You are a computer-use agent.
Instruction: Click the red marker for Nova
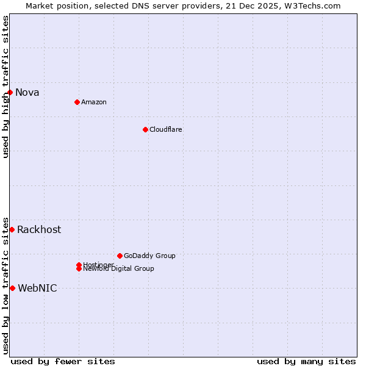(x=10, y=92)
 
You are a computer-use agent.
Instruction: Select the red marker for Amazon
(x=77, y=102)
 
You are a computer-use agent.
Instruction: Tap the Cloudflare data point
(x=145, y=129)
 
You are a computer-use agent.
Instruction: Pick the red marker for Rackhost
(x=12, y=229)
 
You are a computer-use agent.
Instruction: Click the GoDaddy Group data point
(x=120, y=256)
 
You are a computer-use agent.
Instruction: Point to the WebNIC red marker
(x=12, y=288)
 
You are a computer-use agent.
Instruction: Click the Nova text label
(x=27, y=93)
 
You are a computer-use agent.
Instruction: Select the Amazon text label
(x=94, y=102)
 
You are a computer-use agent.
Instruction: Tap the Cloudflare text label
(x=166, y=129)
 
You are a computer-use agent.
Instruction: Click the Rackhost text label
(x=39, y=230)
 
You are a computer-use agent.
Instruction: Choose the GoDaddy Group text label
(x=149, y=256)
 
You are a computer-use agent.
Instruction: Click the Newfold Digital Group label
(x=119, y=269)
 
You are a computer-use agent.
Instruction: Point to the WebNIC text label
(x=37, y=289)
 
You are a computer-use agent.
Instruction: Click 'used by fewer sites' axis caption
(x=63, y=361)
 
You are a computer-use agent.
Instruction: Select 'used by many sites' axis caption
(x=306, y=361)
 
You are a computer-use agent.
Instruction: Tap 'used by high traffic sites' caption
(x=6, y=87)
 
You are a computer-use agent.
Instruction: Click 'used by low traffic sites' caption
(x=6, y=285)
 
